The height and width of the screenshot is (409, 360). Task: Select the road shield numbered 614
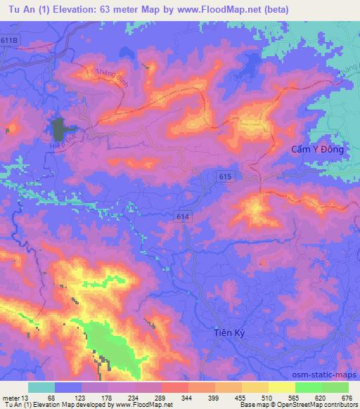(x=184, y=219)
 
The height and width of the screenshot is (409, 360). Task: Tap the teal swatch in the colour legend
(x=41, y=387)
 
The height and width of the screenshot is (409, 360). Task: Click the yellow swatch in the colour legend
(x=282, y=387)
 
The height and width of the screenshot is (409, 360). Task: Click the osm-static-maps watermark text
(x=330, y=375)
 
